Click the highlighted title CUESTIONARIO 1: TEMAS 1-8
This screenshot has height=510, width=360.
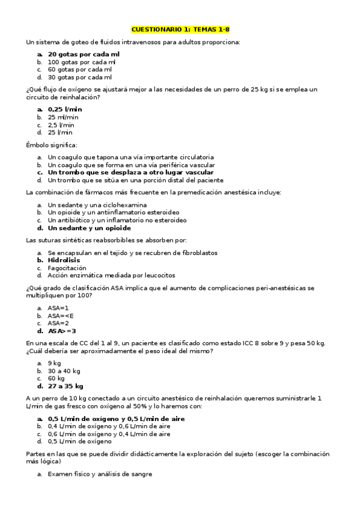(x=180, y=29)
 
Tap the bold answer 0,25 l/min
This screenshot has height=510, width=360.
(x=65, y=109)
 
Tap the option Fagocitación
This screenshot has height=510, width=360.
(x=67, y=268)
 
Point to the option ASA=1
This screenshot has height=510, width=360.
(x=58, y=307)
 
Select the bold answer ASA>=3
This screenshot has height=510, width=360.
(x=62, y=331)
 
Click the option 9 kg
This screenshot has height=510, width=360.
(x=54, y=363)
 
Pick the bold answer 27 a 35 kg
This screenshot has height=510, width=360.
(x=66, y=386)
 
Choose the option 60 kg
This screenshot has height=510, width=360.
(x=56, y=378)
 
